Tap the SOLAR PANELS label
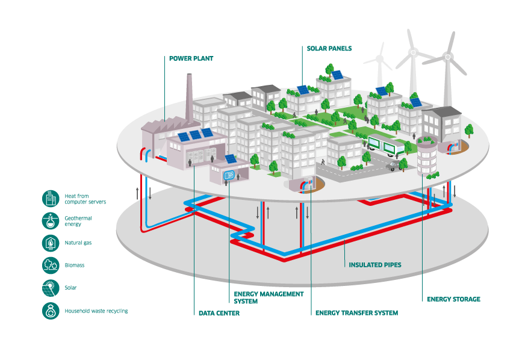pyautogui.click(x=329, y=48)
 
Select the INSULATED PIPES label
pyautogui.click(x=375, y=264)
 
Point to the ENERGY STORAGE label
pyautogui.click(x=453, y=299)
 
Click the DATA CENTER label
pyautogui.click(x=219, y=313)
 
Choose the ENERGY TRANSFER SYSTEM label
pyautogui.click(x=356, y=313)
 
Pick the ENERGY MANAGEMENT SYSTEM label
pyautogui.click(x=269, y=297)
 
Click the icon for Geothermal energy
pyautogui.click(x=51, y=220)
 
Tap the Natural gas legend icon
pyautogui.click(x=51, y=243)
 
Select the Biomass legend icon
pyautogui.click(x=51, y=265)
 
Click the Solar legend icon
pyautogui.click(x=51, y=288)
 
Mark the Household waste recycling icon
pyautogui.click(x=51, y=311)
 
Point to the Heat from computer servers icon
pyautogui.click(x=51, y=198)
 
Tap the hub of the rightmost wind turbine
pyautogui.click(x=447, y=58)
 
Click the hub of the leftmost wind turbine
pyautogui.click(x=380, y=60)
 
